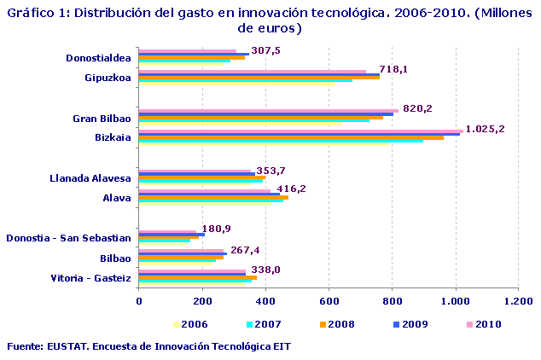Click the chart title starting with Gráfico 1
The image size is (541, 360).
click(x=270, y=20)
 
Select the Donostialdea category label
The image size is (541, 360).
click(x=98, y=58)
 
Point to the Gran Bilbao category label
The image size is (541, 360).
click(x=102, y=119)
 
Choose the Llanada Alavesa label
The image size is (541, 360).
click(x=90, y=178)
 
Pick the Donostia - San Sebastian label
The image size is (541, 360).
click(x=68, y=238)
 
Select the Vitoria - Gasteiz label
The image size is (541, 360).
click(x=90, y=278)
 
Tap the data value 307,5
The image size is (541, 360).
click(x=266, y=50)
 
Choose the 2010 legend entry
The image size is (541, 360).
click(x=485, y=324)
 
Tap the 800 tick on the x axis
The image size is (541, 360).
click(x=393, y=301)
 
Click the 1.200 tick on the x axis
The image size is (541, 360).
click(x=518, y=301)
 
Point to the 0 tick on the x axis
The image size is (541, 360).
click(x=139, y=301)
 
